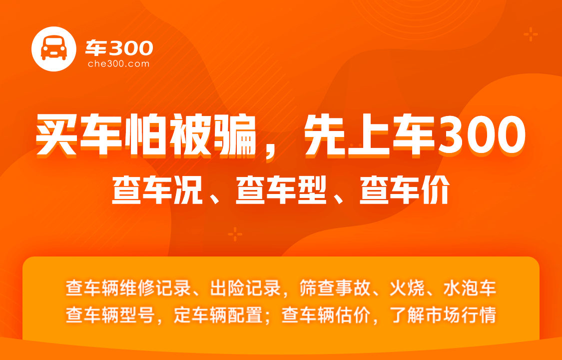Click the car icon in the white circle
click(54, 48)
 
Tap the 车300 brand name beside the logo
click(119, 47)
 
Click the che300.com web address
click(118, 64)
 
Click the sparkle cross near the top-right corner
click(531, 34)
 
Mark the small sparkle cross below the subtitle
click(235, 234)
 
